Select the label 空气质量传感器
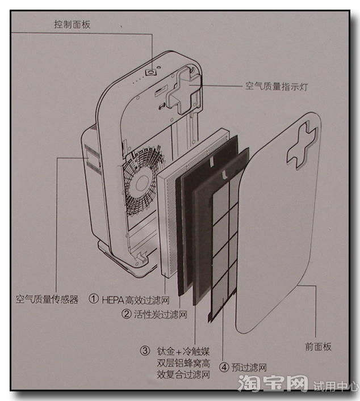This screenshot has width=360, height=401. (x=47, y=298)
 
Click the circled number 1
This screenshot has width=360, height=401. (x=94, y=299)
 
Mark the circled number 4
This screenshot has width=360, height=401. (x=224, y=367)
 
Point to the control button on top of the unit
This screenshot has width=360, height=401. (x=152, y=72)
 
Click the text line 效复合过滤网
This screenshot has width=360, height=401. (x=183, y=375)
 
